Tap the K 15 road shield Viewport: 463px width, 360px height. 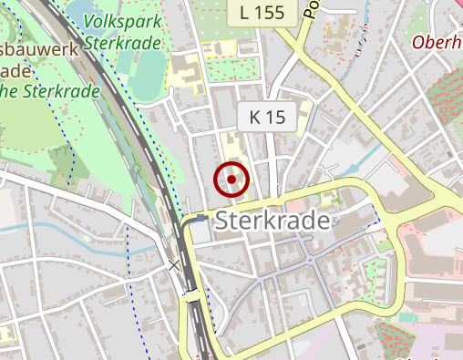point(267,117)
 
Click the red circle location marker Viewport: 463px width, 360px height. point(231,180)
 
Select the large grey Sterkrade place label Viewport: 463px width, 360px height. point(275,221)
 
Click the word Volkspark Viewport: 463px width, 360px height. point(122,21)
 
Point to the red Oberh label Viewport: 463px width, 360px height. point(437,41)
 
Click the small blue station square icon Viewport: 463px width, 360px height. point(201,219)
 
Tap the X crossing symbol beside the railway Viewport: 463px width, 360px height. point(174,265)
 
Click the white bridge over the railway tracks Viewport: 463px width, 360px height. point(191,294)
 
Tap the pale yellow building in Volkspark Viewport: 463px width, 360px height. point(186,68)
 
